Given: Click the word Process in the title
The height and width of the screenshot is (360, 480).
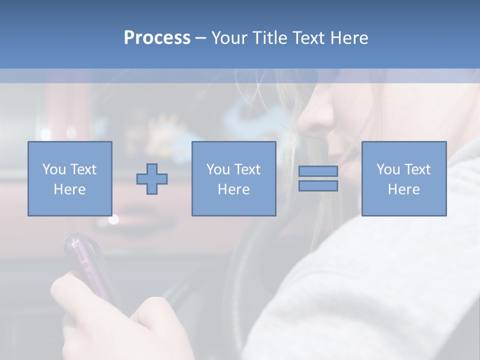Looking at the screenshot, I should click(157, 38).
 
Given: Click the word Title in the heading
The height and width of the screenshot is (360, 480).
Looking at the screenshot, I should click(269, 38).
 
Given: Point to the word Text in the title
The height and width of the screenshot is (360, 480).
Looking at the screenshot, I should click(307, 38).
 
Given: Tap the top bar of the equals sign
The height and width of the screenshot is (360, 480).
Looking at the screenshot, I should click(318, 171).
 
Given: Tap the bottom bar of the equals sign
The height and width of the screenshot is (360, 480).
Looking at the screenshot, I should click(318, 186).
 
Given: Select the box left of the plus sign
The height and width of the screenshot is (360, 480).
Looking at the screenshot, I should click(69, 178).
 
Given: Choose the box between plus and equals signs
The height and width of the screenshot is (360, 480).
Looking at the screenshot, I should click(233, 178).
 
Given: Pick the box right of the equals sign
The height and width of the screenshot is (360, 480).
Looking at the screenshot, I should click(403, 178).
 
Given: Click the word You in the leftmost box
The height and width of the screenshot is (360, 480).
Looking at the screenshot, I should click(53, 169).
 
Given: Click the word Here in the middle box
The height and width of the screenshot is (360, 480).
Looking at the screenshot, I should click(233, 189).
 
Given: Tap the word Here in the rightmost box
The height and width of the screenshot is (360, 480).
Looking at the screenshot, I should click(403, 189).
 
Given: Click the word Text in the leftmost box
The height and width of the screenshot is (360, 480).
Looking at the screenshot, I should click(83, 169).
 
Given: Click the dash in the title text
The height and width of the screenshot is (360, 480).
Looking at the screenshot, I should click(200, 38).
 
